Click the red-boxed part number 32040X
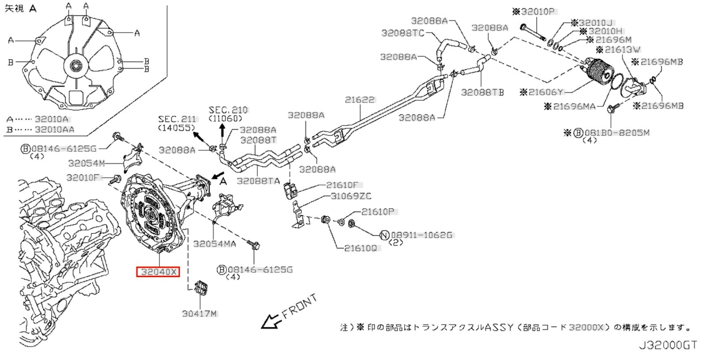pos(158,272)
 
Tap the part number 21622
pos(360,100)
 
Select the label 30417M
pos(200,314)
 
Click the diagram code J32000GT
pos(668,345)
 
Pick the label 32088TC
pos(402,33)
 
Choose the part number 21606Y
pos(545,92)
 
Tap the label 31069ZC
pos(351,196)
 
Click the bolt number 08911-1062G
pos(421,235)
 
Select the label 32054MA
pos(215,244)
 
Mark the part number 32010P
pos(537,12)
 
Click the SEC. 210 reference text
pos(228,110)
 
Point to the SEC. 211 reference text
pos(177,119)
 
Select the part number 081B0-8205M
pos(616,133)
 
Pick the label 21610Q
pos(360,249)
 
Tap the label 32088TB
pos(482,93)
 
